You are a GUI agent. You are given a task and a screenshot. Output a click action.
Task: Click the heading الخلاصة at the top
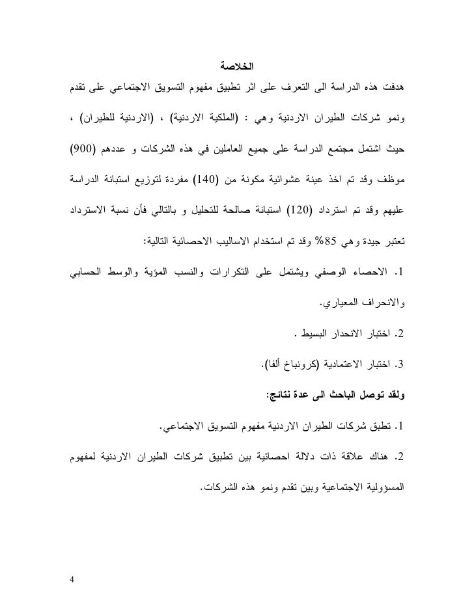236,66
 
